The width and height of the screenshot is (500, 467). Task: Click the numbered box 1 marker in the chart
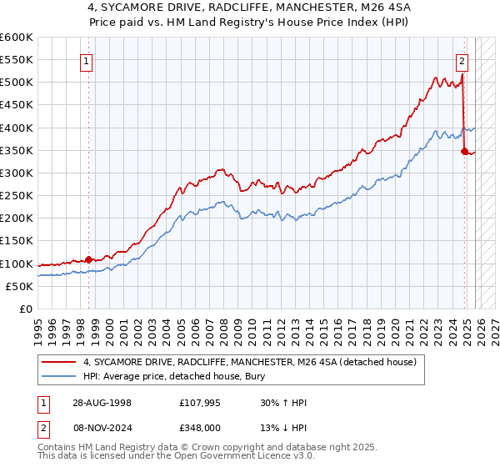tap(87, 60)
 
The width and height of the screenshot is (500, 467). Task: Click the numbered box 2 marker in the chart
tap(462, 60)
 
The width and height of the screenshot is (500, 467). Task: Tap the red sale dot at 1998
tap(88, 259)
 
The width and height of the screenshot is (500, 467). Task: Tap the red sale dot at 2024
tap(464, 151)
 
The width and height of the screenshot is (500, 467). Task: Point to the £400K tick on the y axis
tap(17, 128)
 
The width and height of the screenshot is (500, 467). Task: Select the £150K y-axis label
tap(17, 241)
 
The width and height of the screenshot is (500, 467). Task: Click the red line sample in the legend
tap(60, 362)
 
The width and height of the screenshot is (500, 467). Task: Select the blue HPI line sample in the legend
tap(60, 376)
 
